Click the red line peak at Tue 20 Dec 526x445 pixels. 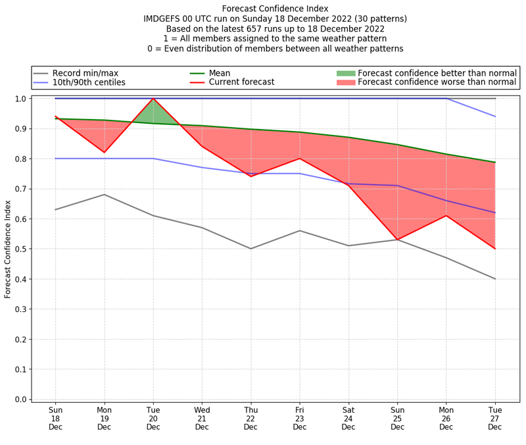pos(153,99)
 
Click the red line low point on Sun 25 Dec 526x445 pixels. pos(397,240)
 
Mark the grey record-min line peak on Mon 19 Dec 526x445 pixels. pos(104,194)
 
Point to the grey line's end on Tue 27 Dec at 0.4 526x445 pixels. pos(494,279)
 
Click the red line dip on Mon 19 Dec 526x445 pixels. pos(104,153)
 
